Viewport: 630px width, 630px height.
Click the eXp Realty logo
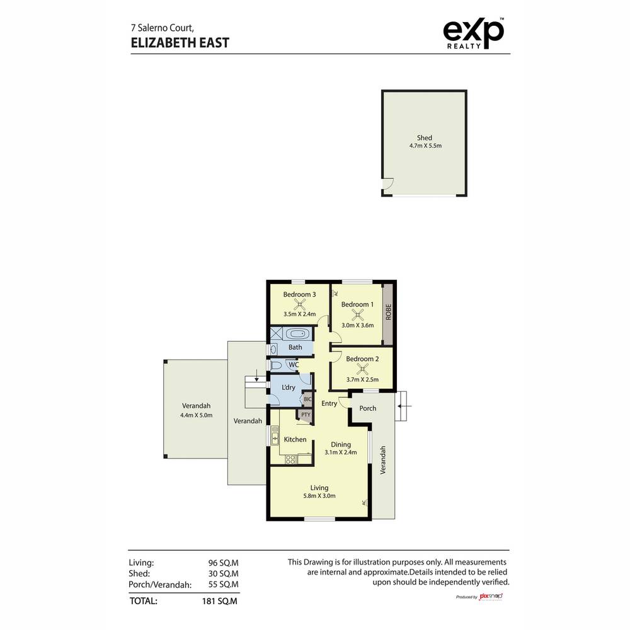473,33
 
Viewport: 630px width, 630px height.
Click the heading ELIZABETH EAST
180,43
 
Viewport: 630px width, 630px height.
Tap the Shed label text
424,137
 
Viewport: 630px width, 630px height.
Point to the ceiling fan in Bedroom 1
358,315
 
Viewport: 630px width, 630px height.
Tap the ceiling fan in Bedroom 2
362,369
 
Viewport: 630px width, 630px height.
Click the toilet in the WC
276,365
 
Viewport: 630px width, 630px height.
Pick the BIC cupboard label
307,399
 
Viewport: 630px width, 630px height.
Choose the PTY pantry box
305,415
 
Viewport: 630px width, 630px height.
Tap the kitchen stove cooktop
290,460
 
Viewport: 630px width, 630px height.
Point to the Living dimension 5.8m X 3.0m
319,496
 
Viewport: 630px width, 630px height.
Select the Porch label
367,408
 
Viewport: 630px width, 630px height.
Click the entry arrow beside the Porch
403,406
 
